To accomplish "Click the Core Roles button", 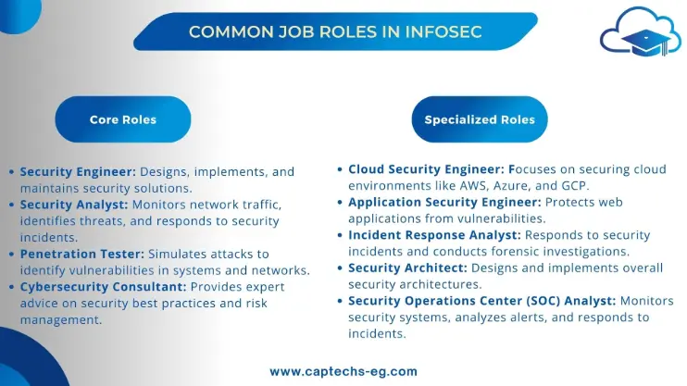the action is [x=123, y=119].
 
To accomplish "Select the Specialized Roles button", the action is [x=480, y=119].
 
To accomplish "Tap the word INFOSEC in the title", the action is [x=443, y=32].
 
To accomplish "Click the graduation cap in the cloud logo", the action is [x=646, y=43].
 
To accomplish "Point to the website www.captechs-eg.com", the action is [x=343, y=371].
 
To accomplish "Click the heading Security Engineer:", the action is [x=78, y=172].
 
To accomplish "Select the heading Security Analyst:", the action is [x=74, y=205].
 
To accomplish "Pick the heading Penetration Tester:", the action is [x=81, y=255].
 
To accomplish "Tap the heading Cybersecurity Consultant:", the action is [x=104, y=287].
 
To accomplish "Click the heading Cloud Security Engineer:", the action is [x=427, y=169].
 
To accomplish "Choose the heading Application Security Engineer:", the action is [x=444, y=203].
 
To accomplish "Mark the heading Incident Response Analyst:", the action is [x=434, y=235].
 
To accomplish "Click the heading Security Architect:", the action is [x=408, y=268].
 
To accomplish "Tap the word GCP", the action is [x=574, y=186].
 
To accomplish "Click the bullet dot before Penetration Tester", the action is [x=12, y=255].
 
